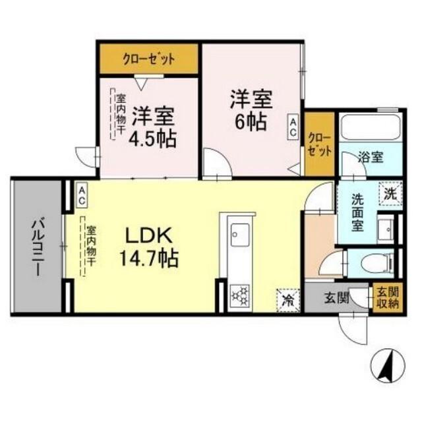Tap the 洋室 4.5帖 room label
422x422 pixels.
152,127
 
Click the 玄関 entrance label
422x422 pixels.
333,298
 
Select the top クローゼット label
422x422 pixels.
149,59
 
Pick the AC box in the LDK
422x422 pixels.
82,195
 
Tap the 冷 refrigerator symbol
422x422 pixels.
288,299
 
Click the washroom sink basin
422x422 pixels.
383,230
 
